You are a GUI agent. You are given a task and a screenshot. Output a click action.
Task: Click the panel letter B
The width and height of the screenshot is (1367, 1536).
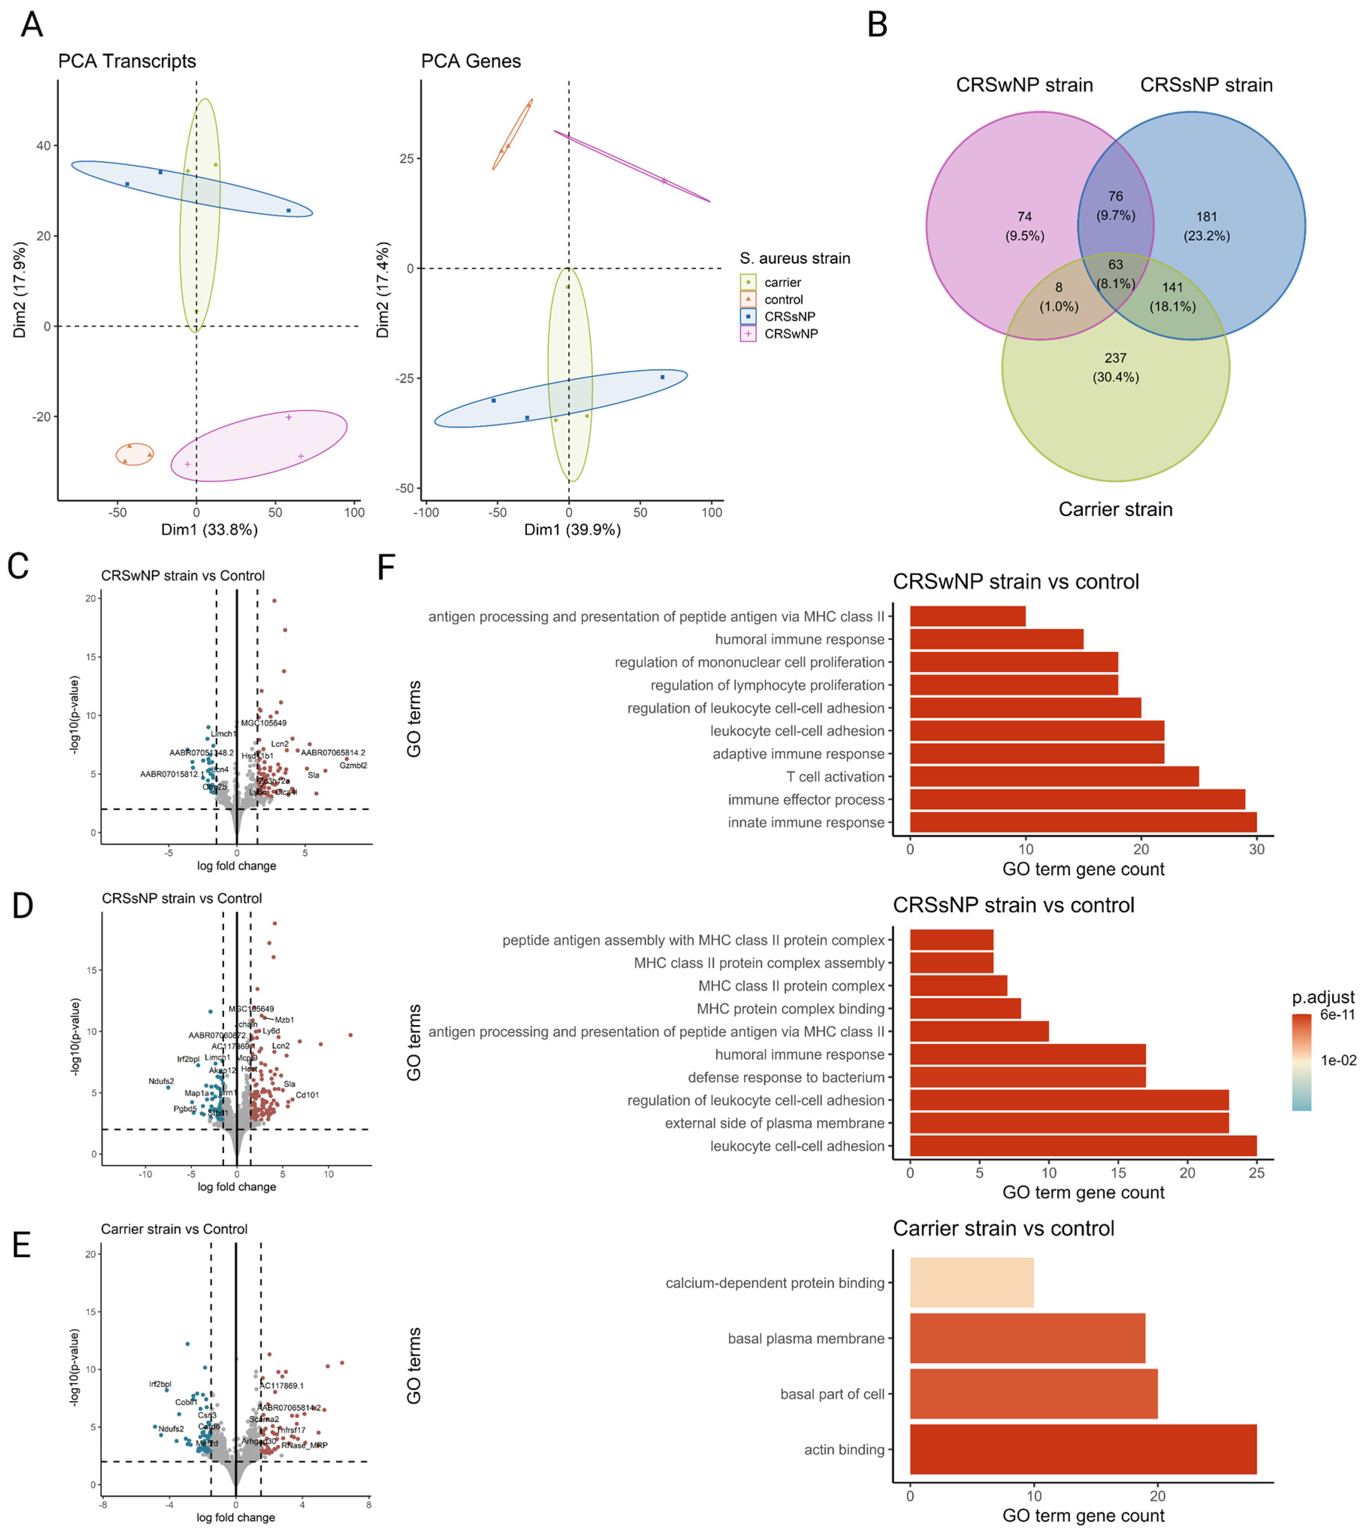click(x=877, y=25)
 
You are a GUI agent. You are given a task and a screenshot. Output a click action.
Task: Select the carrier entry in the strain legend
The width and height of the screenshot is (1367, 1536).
click(x=782, y=282)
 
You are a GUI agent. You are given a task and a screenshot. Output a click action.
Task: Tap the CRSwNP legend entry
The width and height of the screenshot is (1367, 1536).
click(x=790, y=334)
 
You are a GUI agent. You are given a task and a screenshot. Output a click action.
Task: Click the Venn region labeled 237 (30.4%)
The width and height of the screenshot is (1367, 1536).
click(x=1115, y=367)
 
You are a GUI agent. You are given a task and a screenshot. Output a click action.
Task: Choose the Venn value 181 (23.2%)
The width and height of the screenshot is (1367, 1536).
click(x=1206, y=225)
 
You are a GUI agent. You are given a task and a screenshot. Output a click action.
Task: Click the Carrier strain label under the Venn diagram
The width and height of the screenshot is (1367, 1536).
click(x=1115, y=509)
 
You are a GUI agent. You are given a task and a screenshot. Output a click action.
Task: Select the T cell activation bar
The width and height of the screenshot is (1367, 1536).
click(x=1054, y=776)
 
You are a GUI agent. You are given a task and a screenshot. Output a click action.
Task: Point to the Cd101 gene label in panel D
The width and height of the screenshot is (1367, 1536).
click(x=307, y=1095)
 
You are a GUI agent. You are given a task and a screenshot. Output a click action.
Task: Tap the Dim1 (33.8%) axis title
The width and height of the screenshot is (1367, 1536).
click(x=210, y=530)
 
